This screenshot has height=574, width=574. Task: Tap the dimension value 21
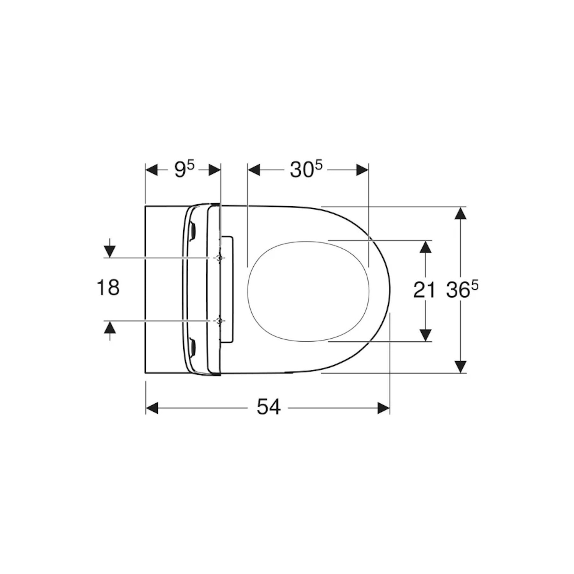pos(424,290)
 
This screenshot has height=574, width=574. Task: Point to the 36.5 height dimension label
pos(462,290)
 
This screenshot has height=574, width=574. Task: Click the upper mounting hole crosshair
pos(219,258)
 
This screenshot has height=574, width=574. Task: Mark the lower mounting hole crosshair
pos(219,321)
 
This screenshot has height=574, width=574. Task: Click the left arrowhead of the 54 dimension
pos(152,408)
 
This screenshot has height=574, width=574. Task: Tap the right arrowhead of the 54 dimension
pos(383,408)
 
